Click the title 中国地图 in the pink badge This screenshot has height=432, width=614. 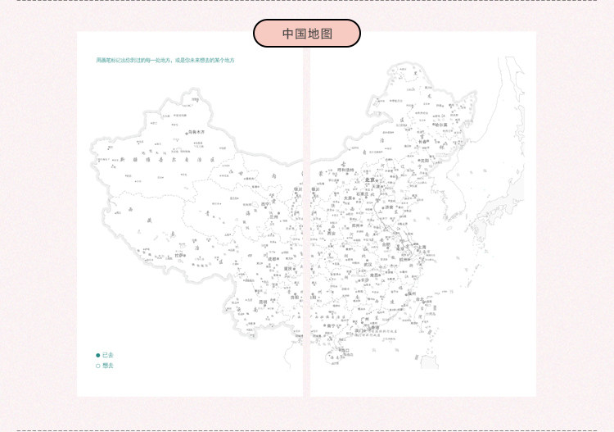307,34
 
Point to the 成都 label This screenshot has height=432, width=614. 273,259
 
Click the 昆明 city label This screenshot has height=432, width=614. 263,302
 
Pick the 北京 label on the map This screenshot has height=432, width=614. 369,180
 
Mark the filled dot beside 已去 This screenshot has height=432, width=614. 98,355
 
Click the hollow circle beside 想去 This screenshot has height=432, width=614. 98,366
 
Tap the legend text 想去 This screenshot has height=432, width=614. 108,366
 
